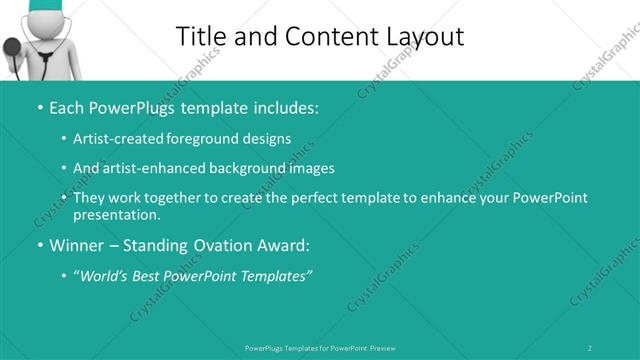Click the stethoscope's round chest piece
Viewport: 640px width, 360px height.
[12, 47]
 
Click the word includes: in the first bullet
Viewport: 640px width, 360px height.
[282, 106]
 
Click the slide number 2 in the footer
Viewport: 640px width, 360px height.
[590, 347]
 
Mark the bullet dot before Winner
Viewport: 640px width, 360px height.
[39, 244]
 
